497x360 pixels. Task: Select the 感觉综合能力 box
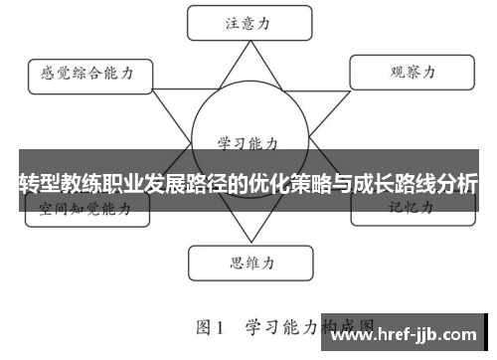point(87,73)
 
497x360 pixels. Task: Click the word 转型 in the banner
point(39,183)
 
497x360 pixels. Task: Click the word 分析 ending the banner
point(457,183)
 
